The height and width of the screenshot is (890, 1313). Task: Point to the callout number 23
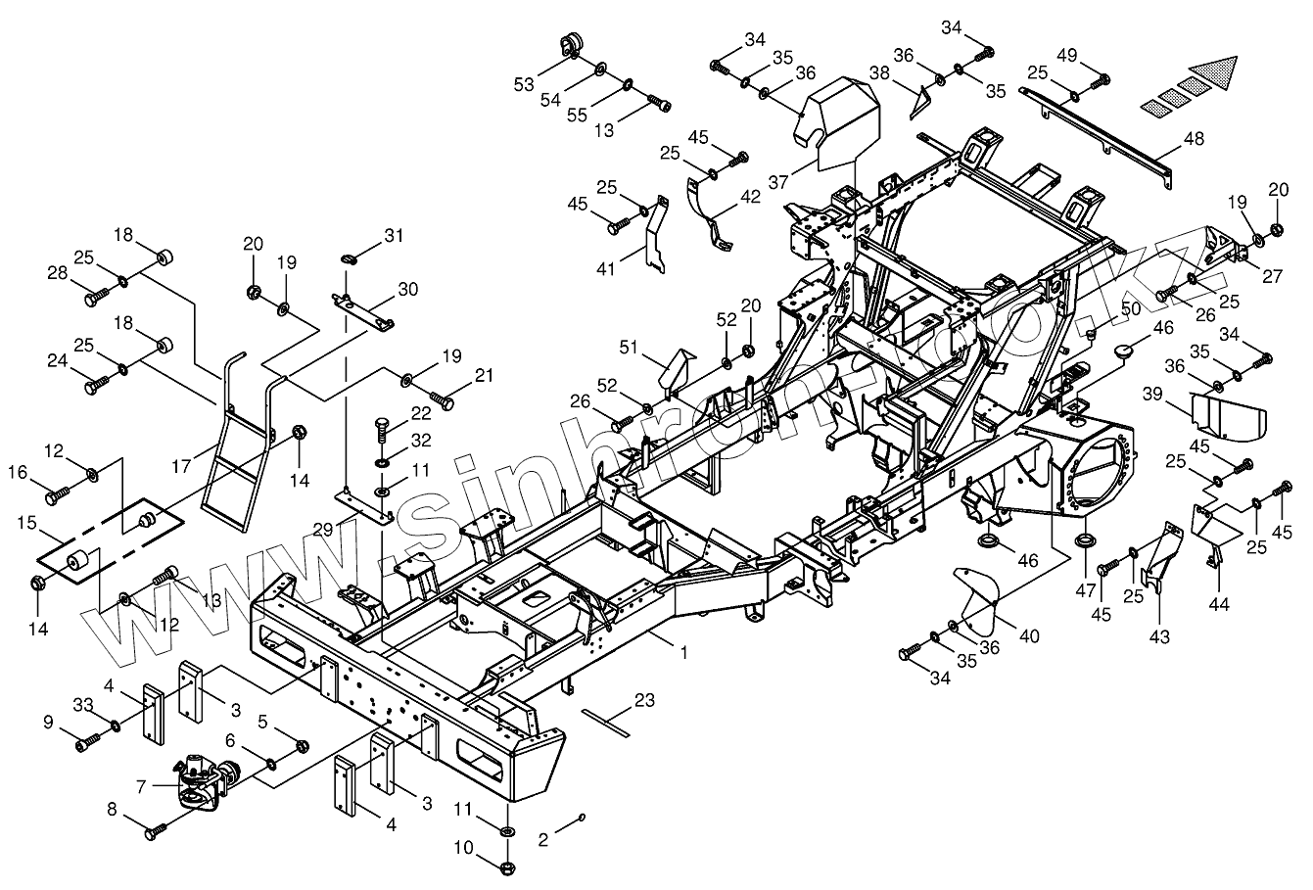tap(643, 700)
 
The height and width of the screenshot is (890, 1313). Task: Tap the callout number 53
tap(524, 84)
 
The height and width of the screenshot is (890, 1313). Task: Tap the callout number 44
tap(1219, 606)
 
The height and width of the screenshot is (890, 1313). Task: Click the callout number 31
tap(394, 236)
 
